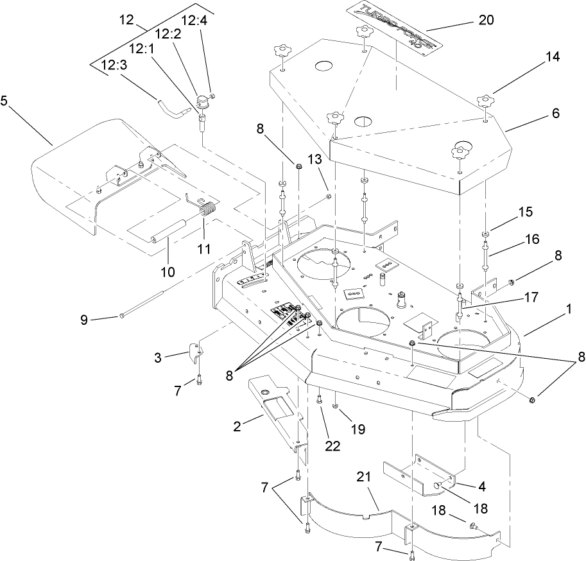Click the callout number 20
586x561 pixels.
pos(486,20)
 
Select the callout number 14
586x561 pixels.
pos(553,56)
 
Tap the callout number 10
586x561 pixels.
pos(167,272)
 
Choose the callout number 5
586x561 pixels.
pos(5,101)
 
